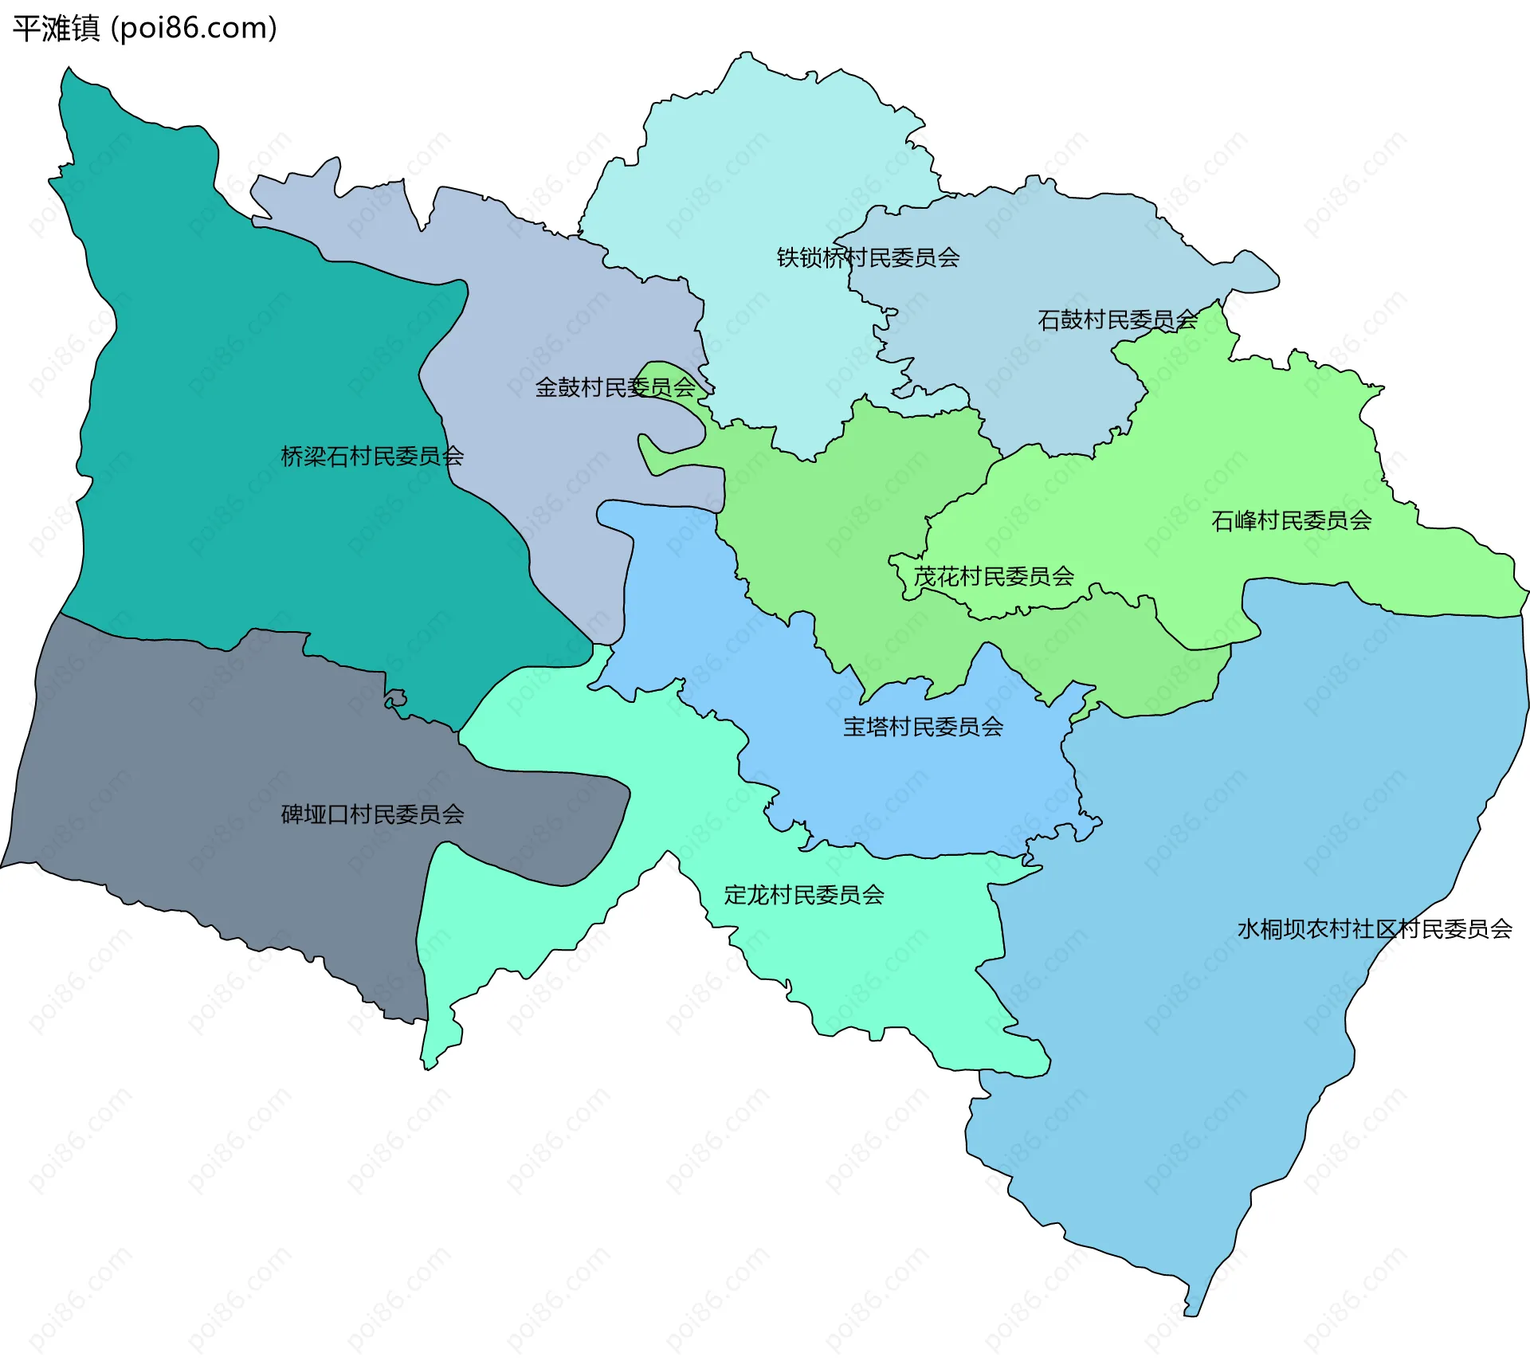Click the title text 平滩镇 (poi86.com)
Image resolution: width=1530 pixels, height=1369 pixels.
tap(145, 28)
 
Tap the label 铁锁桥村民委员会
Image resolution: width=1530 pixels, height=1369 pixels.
tap(868, 257)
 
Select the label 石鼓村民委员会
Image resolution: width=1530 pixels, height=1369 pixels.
tap(1117, 320)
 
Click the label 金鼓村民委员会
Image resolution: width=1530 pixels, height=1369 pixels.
tap(615, 387)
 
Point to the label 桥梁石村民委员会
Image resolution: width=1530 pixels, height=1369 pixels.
tap(372, 456)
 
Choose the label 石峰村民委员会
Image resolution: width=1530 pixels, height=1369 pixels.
tap(1291, 520)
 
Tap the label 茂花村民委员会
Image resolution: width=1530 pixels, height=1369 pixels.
tap(994, 576)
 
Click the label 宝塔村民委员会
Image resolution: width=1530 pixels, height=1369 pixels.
tap(923, 727)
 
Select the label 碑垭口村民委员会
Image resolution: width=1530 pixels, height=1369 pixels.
tap(372, 814)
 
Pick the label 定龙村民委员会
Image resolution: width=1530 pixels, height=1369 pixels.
tap(804, 895)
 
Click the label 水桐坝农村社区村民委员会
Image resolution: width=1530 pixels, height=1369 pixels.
tap(1375, 929)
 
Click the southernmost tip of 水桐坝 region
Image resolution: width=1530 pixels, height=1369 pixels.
tap(1192, 1311)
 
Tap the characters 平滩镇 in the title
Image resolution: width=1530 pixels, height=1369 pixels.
tap(56, 28)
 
